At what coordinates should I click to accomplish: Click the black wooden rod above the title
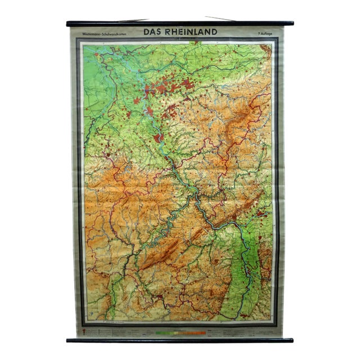[180, 24]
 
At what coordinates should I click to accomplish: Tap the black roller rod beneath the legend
[180, 340]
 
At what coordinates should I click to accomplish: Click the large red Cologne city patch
[158, 137]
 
